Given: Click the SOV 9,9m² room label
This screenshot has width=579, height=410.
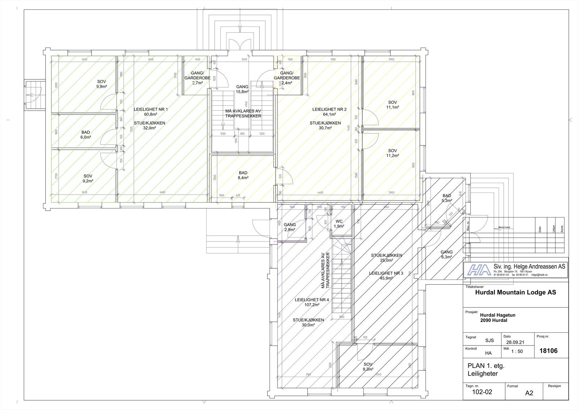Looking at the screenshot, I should [x=101, y=84].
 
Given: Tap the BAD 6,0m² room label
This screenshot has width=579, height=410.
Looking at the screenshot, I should [x=86, y=134].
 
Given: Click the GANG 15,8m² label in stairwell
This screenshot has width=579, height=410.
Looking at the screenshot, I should [x=242, y=89].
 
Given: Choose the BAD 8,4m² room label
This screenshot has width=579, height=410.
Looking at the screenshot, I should [x=243, y=175].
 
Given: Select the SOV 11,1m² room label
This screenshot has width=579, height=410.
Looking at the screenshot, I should [x=393, y=105].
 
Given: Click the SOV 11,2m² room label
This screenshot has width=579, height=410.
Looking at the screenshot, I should [x=393, y=153].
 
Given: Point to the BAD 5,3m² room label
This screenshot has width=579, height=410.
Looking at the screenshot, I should [x=447, y=198].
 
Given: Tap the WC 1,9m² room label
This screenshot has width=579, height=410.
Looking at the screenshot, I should [x=339, y=223].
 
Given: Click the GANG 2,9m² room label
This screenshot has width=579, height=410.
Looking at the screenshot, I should [x=289, y=227].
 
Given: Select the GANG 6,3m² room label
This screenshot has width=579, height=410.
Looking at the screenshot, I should [x=446, y=254].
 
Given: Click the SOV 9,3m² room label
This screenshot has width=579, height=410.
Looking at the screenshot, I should [x=368, y=366].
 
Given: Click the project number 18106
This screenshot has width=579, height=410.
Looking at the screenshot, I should [x=548, y=351].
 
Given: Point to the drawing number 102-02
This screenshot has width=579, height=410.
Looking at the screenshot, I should [x=483, y=392].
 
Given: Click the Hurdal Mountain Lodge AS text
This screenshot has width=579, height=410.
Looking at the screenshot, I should [x=515, y=292].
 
